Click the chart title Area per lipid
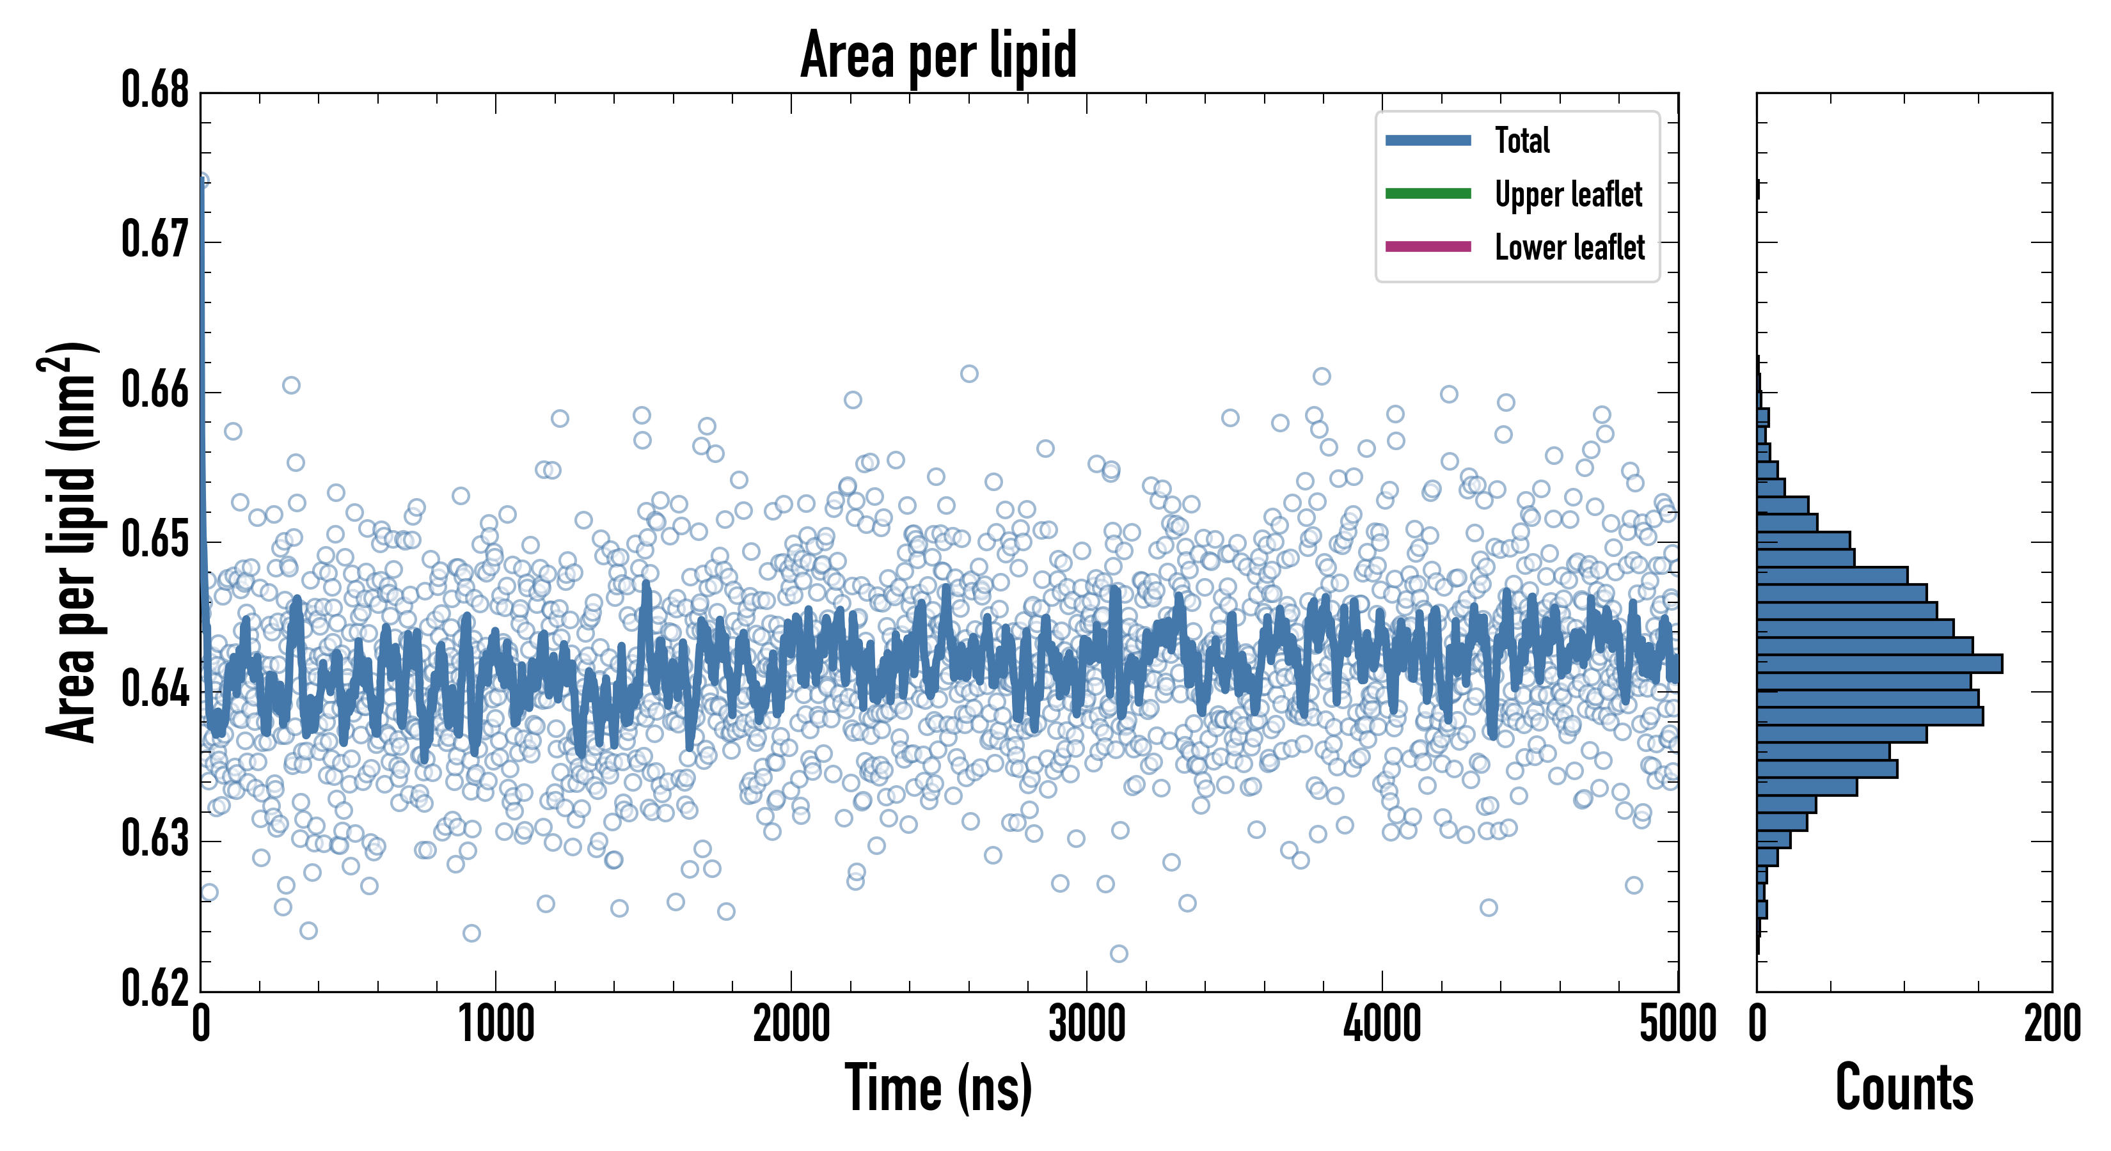(x=938, y=55)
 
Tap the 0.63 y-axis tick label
(x=155, y=839)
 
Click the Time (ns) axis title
(x=938, y=1088)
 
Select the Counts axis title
(x=1904, y=1088)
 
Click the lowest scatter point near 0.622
(x=1119, y=953)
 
